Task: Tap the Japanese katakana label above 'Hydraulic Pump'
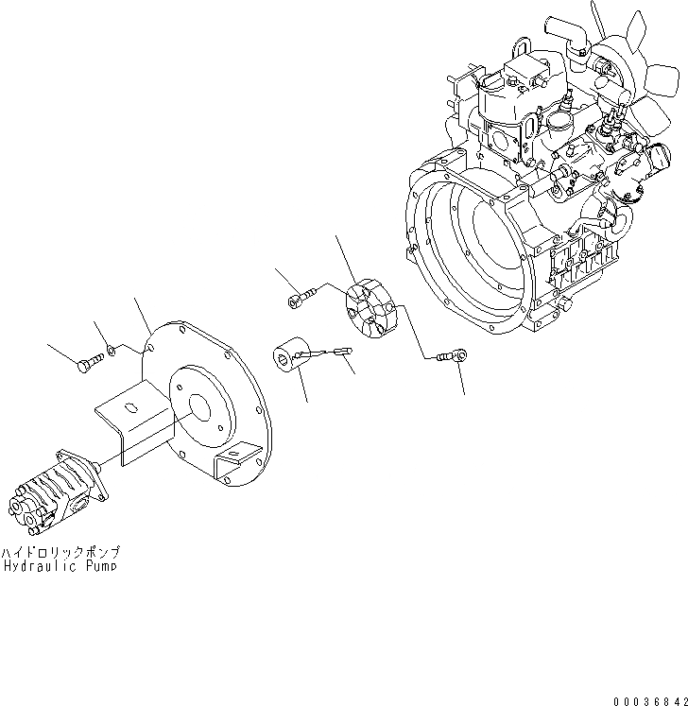[60, 551]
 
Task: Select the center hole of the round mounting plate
[198, 405]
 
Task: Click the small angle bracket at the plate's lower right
[235, 467]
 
